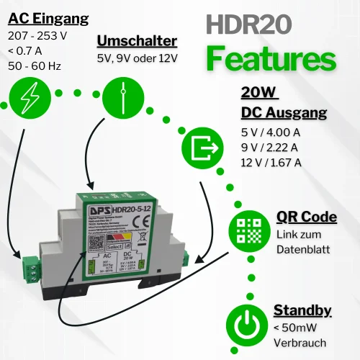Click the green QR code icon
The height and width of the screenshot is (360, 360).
pos(250,230)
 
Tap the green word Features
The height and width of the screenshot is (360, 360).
pos(271,59)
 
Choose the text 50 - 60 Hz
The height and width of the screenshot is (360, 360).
pos(35,66)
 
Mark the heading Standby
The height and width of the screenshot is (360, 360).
pos(302,310)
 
